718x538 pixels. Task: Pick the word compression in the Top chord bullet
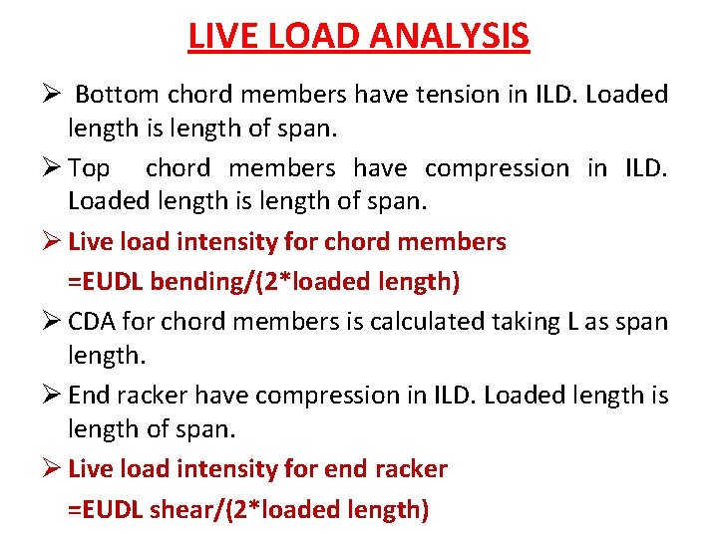pos(496,168)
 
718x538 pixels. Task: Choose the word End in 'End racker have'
pos(90,396)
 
